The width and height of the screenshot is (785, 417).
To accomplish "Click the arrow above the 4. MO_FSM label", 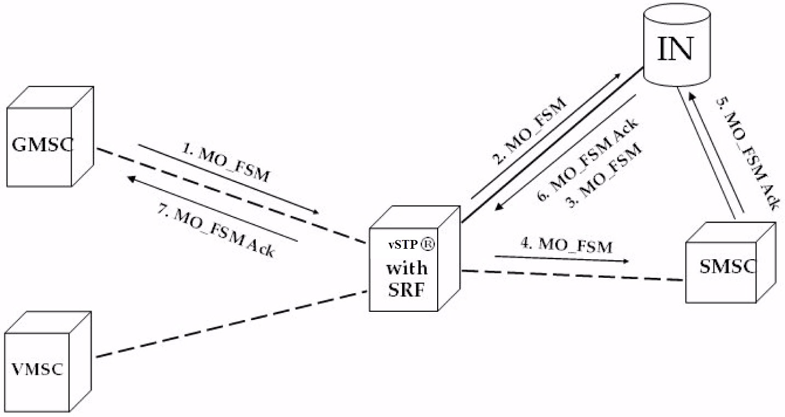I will tap(561, 258).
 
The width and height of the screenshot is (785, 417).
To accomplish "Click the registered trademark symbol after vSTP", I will tap(427, 245).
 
